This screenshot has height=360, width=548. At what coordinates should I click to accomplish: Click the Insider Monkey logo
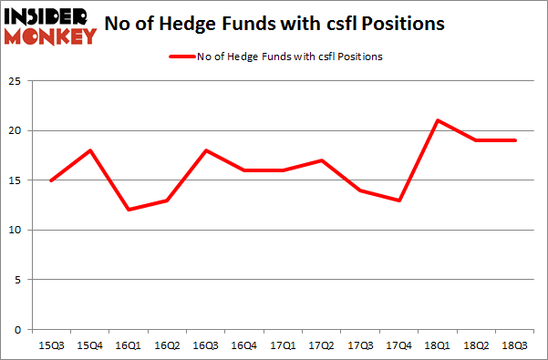tap(51, 25)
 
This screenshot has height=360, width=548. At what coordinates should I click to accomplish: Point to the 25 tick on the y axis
tap(16, 81)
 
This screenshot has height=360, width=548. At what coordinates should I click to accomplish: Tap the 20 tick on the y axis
tap(16, 130)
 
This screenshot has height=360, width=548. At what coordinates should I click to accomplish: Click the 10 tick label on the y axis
tap(16, 230)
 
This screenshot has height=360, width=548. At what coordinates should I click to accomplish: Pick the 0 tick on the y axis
tap(19, 329)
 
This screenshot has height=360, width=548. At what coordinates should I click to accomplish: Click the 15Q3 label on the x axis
tap(51, 345)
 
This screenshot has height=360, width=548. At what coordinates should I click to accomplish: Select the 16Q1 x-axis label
tap(130, 345)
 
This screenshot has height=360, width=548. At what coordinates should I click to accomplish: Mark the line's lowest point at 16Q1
tap(130, 210)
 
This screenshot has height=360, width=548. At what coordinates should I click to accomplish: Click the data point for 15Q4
tap(90, 150)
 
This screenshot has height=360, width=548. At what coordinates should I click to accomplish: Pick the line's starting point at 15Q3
tap(51, 180)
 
